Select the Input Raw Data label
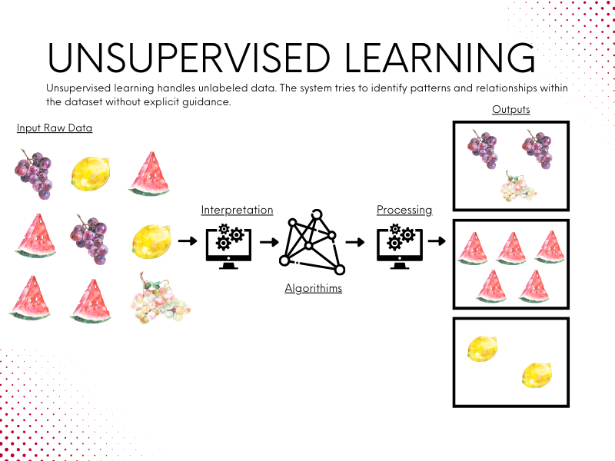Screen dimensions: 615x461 pos(55,128)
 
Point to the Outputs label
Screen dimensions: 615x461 pos(511,110)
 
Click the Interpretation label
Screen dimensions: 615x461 pos(237,210)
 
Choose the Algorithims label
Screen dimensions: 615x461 pos(314,289)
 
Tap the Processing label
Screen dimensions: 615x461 pos(404,210)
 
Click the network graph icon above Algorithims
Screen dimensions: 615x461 pos(312,242)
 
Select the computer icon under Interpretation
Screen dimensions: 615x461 pos(228,246)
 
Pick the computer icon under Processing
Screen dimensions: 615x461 pos(400,246)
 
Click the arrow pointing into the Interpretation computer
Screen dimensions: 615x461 pos(188,240)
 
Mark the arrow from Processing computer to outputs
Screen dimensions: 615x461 pos(437,240)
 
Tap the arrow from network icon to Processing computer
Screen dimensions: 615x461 pos(355,242)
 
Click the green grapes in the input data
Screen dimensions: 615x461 pos(160,299)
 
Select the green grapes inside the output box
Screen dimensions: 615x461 pos(517,187)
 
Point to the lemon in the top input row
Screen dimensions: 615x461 pos(91,174)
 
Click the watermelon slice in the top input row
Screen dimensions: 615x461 pos(149,174)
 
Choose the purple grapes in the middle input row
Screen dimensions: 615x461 pos(89,239)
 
